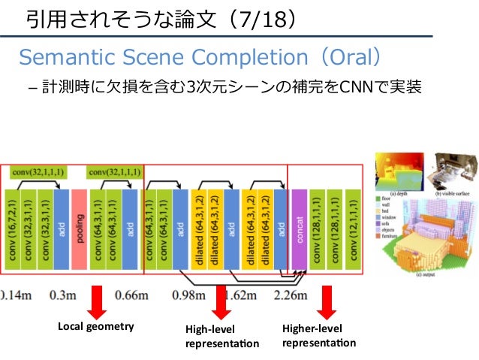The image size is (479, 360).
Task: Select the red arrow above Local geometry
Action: pos(96,303)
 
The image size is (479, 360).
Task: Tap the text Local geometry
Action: pos(95,326)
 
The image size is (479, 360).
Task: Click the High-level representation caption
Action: pos(221,336)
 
